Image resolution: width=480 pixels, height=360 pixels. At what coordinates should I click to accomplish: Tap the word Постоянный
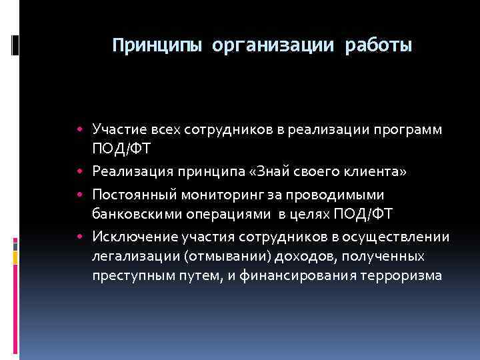[x=131, y=194]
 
